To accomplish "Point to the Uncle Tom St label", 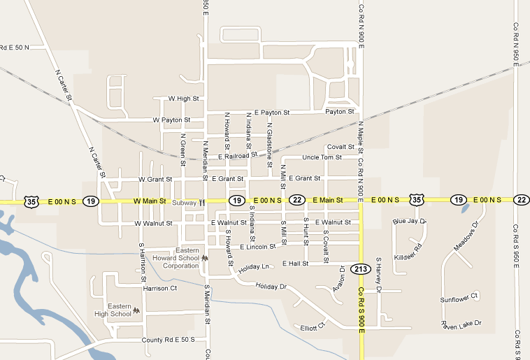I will [322, 157].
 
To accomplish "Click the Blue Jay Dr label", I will [409, 221].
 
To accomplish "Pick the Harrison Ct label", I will [159, 288].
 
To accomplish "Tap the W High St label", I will [183, 99].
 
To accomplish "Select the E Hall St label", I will [295, 264].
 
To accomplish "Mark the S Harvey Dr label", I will [378, 274].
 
